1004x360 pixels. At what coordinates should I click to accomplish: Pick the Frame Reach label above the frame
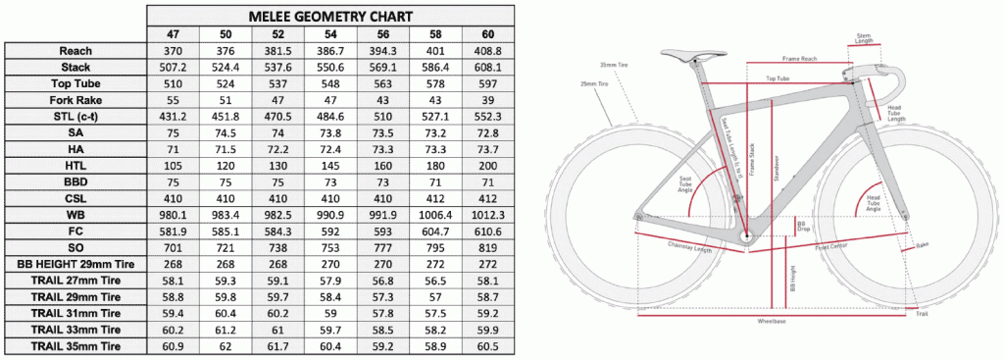coord(800,59)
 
